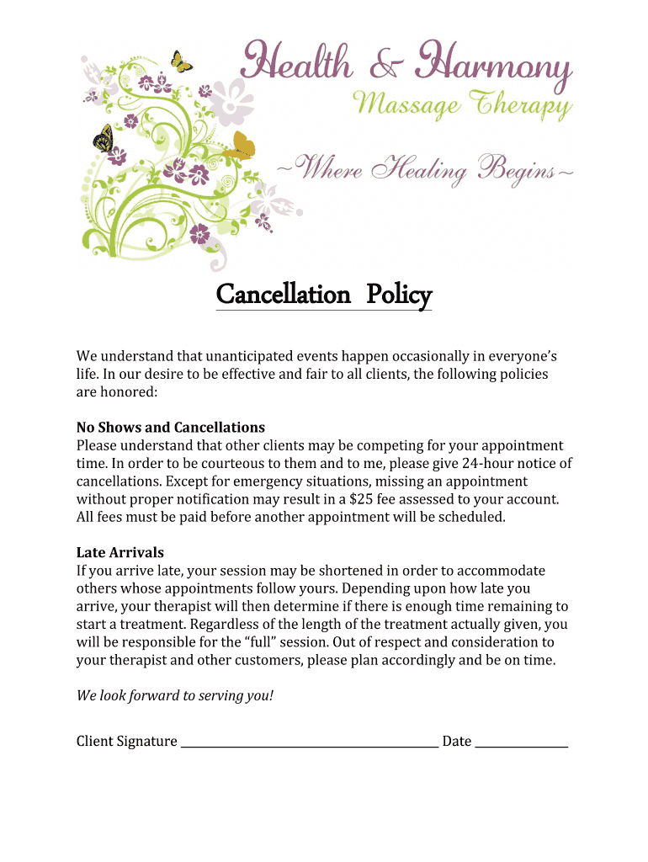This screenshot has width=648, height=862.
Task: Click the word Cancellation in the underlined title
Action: click(283, 295)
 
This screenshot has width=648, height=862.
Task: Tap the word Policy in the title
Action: click(399, 295)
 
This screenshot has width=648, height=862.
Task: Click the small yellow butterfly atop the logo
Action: click(181, 61)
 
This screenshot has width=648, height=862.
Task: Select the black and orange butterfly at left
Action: click(104, 137)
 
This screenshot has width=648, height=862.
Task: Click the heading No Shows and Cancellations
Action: click(171, 428)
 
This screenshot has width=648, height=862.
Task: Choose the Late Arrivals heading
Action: click(120, 553)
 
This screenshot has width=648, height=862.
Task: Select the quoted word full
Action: click(277, 642)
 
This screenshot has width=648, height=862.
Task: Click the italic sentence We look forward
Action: click(175, 696)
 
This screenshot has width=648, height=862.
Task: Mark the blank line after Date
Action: click(521, 744)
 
